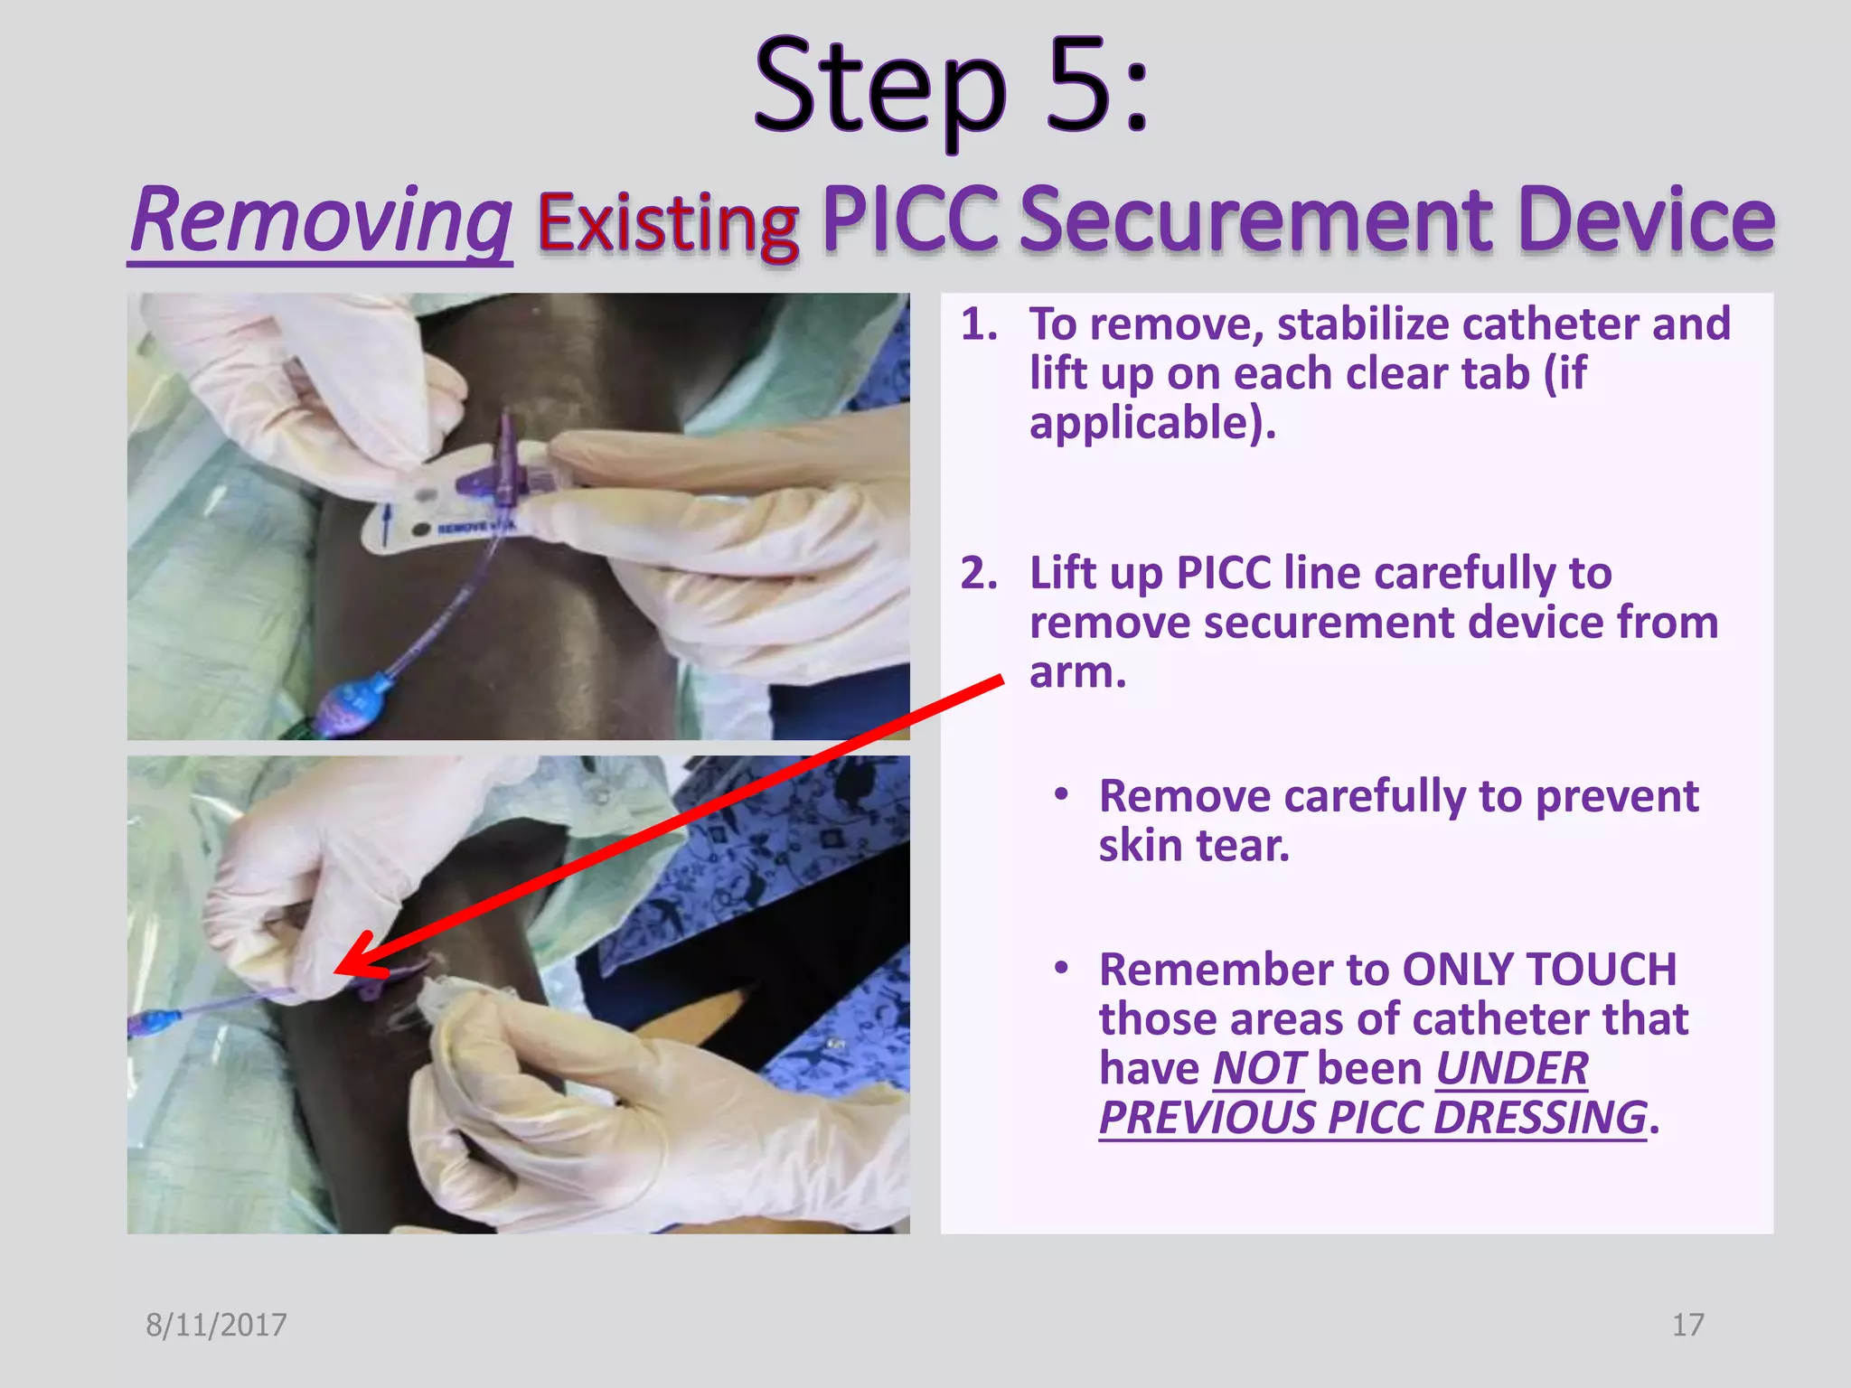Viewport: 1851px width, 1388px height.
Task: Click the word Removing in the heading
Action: pyautogui.click(x=321, y=221)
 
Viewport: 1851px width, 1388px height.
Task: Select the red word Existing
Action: pyautogui.click(x=668, y=223)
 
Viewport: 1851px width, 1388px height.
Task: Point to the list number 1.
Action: pyautogui.click(x=978, y=324)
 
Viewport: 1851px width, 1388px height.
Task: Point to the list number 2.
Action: pyautogui.click(x=978, y=574)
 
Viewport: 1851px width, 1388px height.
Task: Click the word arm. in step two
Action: pyautogui.click(x=1077, y=672)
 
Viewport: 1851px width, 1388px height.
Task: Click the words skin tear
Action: pyautogui.click(x=1193, y=846)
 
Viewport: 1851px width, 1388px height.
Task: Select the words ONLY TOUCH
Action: pyautogui.click(x=1539, y=970)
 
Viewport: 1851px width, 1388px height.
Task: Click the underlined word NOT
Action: pyautogui.click(x=1258, y=1069)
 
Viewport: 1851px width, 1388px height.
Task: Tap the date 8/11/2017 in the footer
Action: pyautogui.click(x=216, y=1325)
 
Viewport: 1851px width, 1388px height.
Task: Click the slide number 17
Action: pyautogui.click(x=1687, y=1325)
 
